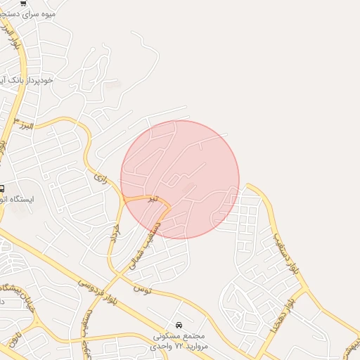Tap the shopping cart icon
(x=24, y=3)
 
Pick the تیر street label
(x=152, y=199)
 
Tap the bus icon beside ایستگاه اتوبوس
(x=2, y=188)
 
